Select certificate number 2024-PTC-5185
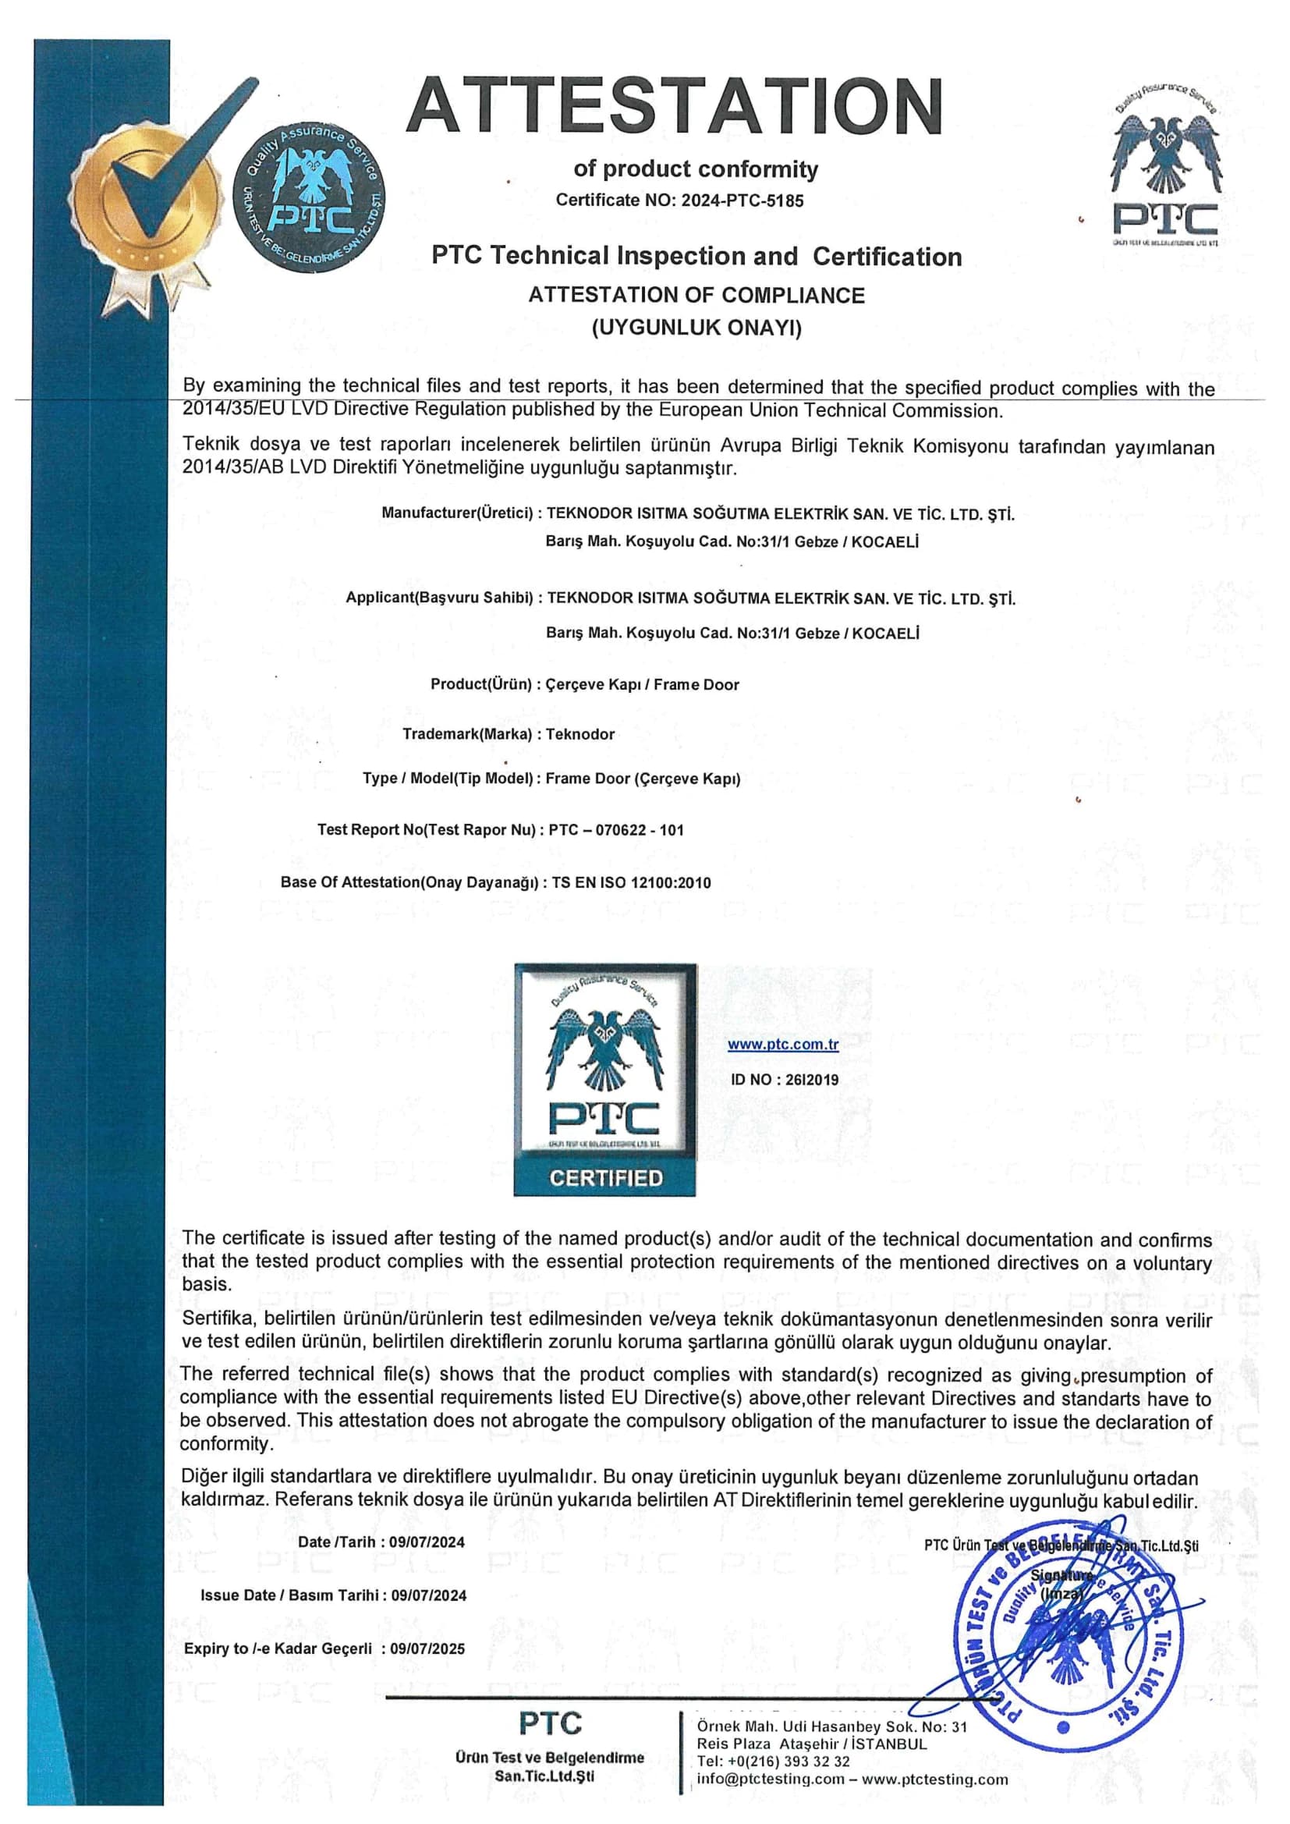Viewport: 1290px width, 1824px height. [x=742, y=200]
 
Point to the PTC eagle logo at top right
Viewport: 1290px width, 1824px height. [x=1164, y=171]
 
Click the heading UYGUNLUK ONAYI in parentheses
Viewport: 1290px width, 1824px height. [x=696, y=328]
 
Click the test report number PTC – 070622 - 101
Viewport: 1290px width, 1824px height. [x=616, y=830]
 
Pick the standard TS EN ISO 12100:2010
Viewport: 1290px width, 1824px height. [x=632, y=882]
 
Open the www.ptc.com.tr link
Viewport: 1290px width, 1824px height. [x=782, y=1044]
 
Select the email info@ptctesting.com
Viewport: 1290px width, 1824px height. [x=771, y=1780]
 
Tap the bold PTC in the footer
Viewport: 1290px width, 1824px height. [x=550, y=1724]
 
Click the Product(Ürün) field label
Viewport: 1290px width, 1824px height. [x=480, y=684]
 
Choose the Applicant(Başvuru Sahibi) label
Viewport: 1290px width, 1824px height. [x=439, y=598]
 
